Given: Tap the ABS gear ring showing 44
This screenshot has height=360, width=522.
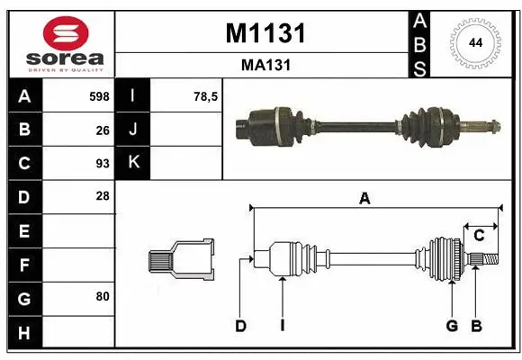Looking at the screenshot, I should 473,42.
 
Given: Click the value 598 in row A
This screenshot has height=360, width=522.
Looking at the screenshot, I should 98,96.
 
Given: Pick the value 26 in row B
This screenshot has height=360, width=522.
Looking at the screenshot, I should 102,130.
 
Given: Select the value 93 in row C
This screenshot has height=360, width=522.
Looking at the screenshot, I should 102,163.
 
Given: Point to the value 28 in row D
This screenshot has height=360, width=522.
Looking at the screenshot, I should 102,196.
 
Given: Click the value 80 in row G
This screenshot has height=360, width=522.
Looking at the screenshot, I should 102,296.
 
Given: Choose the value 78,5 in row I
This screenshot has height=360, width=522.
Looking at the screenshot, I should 206,96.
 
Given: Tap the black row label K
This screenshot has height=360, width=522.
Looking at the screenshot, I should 133,163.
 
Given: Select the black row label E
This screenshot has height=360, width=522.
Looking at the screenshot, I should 23,230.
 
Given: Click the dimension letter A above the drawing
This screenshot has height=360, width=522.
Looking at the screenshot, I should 364,199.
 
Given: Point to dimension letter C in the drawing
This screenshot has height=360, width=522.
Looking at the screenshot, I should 479,236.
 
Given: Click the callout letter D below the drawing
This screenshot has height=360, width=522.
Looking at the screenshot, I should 240,326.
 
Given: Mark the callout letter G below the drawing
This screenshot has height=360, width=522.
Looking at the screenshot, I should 452,326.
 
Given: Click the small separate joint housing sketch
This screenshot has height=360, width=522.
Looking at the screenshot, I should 181,260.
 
